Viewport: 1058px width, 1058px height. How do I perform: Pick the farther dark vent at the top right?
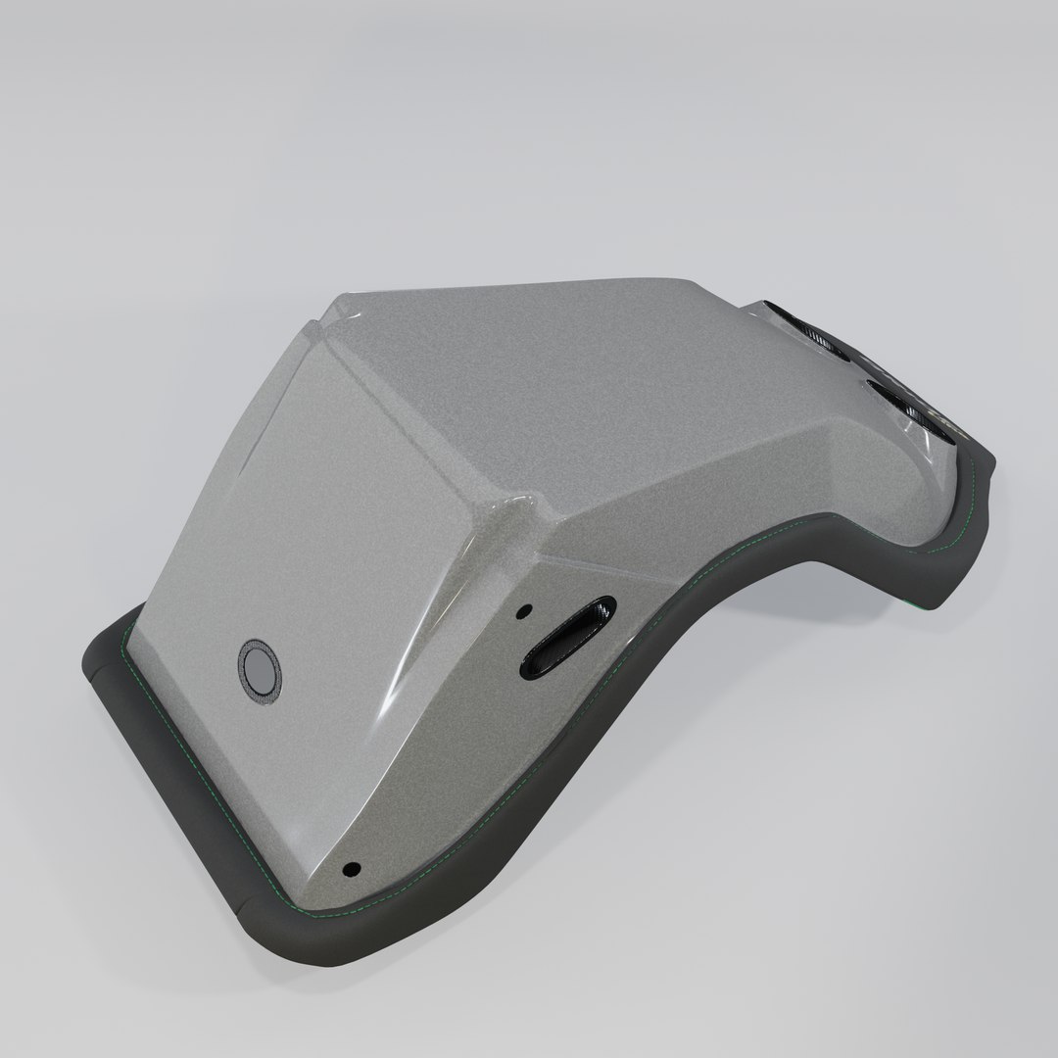click(809, 326)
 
